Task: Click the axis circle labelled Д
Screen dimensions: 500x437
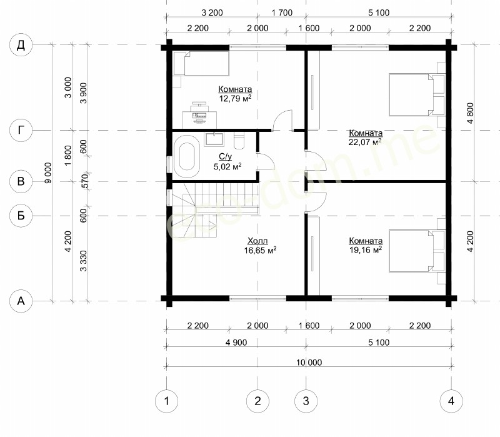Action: pyautogui.click(x=21, y=45)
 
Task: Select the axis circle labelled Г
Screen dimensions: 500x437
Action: pyautogui.click(x=21, y=130)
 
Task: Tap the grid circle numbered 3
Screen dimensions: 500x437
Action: pyautogui.click(x=306, y=401)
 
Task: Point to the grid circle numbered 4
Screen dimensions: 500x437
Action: pyautogui.click(x=451, y=401)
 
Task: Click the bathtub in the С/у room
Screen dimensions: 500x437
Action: pyautogui.click(x=186, y=157)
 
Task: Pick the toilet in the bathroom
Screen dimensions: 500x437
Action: pyautogui.click(x=239, y=141)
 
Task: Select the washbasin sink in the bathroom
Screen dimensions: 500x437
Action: pyautogui.click(x=214, y=139)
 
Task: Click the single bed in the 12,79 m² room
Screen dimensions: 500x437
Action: pyautogui.click(x=201, y=64)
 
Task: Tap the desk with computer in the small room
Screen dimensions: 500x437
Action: pyautogui.click(x=199, y=116)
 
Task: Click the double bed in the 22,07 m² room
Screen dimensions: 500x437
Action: pyautogui.click(x=417, y=95)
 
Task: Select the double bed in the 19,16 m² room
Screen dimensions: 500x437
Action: pyautogui.click(x=417, y=251)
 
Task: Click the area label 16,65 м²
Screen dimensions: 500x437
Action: pyautogui.click(x=260, y=251)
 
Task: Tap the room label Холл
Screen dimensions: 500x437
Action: pyautogui.click(x=257, y=241)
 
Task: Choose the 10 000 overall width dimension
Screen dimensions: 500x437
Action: pyautogui.click(x=309, y=363)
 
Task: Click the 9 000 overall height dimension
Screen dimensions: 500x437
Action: pyautogui.click(x=47, y=173)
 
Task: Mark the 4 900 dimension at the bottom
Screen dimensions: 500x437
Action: pyautogui.click(x=236, y=342)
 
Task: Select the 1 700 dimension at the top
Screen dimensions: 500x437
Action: pyautogui.click(x=282, y=13)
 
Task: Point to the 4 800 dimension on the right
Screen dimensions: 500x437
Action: pyautogui.click(x=470, y=113)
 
